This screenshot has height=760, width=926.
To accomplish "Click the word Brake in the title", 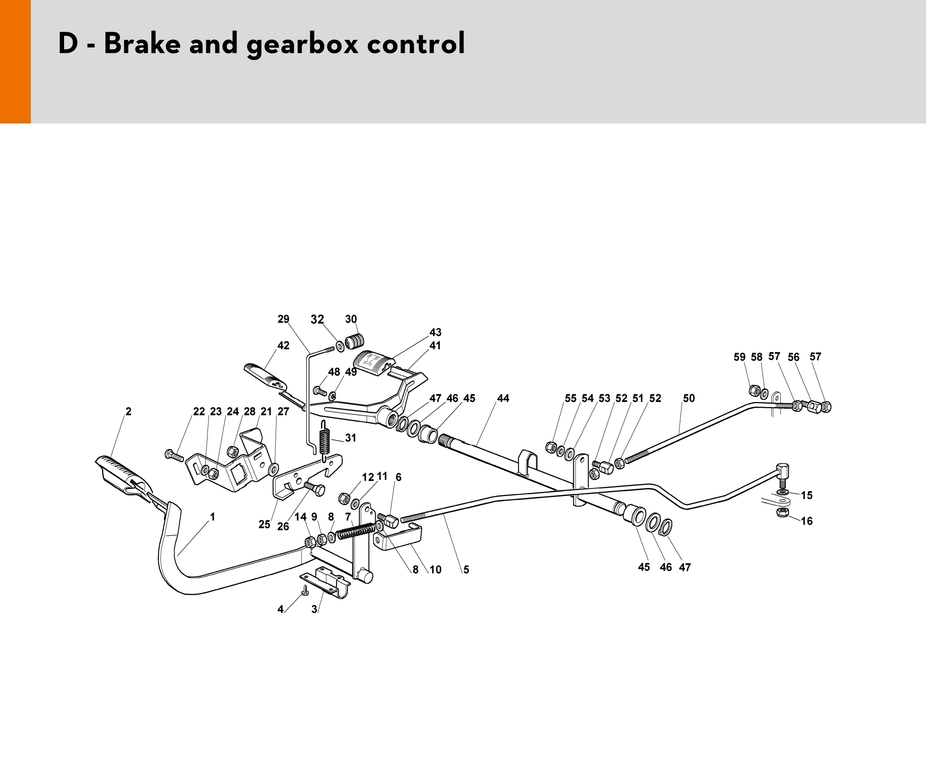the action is [x=142, y=43].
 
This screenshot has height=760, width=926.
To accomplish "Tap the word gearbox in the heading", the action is [x=303, y=45].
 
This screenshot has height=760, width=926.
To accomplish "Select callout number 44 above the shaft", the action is [x=503, y=398].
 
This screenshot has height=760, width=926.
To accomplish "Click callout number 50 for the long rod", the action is [x=688, y=398].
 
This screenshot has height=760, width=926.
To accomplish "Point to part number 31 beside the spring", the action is [x=350, y=438].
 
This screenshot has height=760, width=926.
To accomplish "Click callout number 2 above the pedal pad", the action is [x=129, y=411].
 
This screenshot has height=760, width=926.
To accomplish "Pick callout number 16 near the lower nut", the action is [x=807, y=521].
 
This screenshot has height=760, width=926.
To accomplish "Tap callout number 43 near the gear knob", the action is [x=435, y=332].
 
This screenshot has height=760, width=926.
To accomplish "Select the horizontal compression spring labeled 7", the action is [x=356, y=531].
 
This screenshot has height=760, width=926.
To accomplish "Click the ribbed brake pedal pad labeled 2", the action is [x=124, y=476].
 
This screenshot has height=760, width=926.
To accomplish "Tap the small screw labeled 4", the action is [x=305, y=590].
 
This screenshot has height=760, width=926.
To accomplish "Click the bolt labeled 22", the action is [x=174, y=455].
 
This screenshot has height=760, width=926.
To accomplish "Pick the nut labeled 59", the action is [x=754, y=390].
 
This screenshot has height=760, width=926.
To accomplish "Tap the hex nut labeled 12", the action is [x=344, y=498].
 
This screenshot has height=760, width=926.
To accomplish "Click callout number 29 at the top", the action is [x=283, y=319].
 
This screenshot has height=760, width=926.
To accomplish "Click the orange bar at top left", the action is [x=15, y=61].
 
